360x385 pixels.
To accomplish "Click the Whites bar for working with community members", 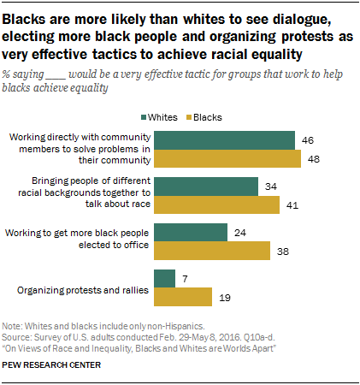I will [x=224, y=140].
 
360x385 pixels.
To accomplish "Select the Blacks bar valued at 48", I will [x=227, y=159].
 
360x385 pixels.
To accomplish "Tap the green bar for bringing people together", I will [x=205, y=187].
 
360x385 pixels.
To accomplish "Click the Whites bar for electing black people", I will [x=190, y=233].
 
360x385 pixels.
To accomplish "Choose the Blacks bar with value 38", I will [x=211, y=251].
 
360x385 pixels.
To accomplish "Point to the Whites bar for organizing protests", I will [x=163, y=278].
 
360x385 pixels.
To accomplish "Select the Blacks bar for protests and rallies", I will [x=182, y=297].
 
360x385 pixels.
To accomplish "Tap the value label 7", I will [x=185, y=278].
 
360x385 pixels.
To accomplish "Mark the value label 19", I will [x=226, y=297].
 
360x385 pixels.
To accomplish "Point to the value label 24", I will [x=241, y=233].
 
